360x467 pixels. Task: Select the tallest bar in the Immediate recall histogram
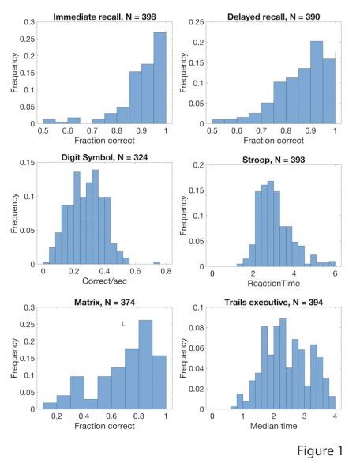(x=159, y=79)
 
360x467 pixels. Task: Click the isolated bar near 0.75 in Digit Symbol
(x=156, y=264)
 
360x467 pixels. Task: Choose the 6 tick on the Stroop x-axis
(x=335, y=273)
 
